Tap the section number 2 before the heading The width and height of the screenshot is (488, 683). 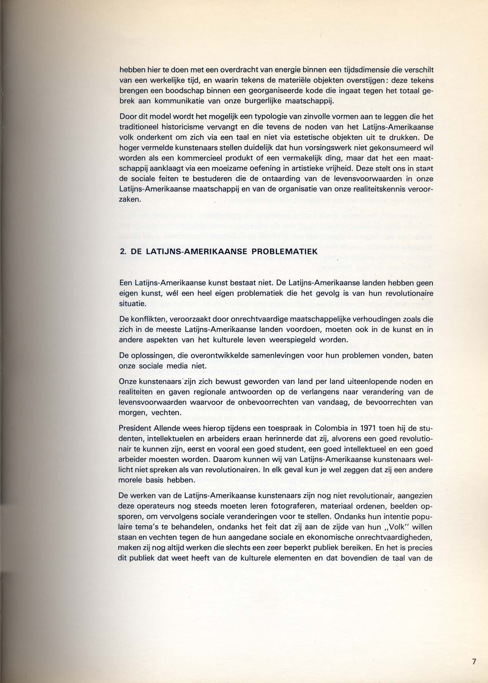(122, 251)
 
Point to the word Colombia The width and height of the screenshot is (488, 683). (324, 428)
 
